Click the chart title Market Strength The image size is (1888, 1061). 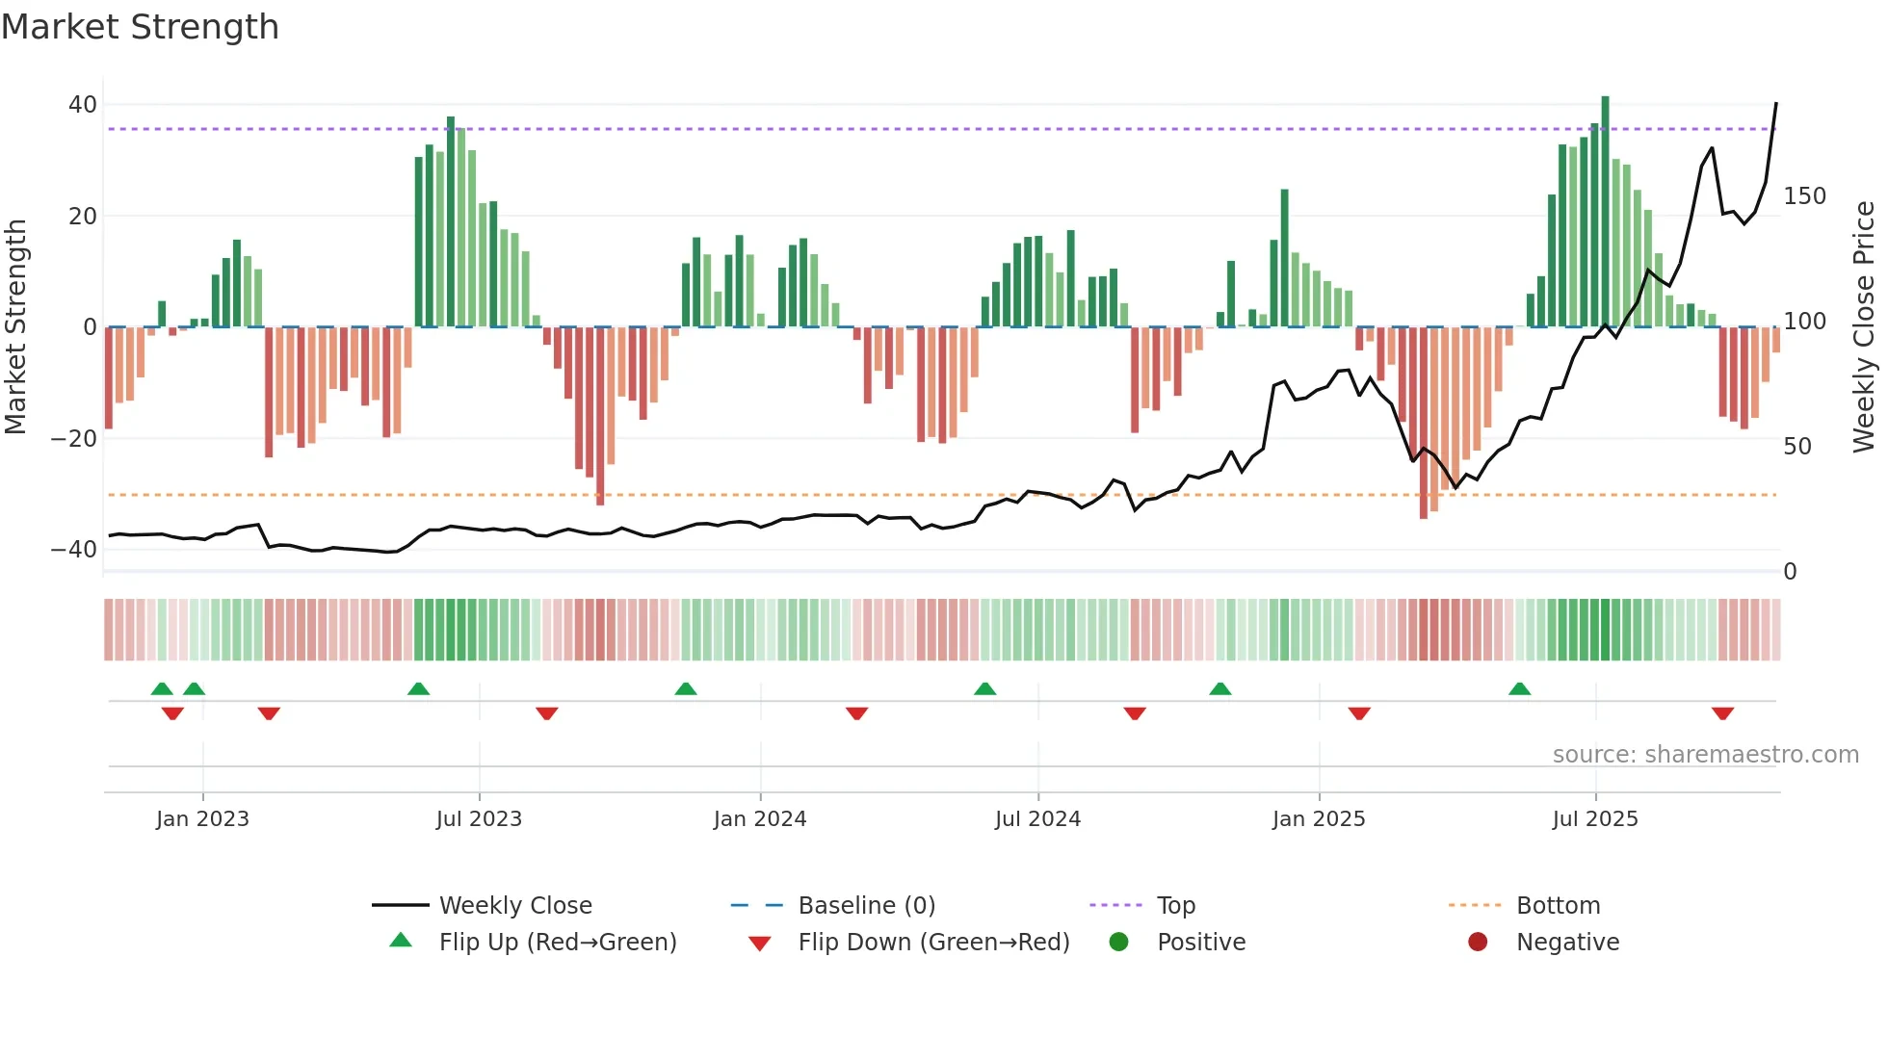[x=140, y=27]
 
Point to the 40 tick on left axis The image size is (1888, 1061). [x=83, y=104]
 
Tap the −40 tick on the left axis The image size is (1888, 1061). [x=74, y=550]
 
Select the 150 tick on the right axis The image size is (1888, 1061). [x=1804, y=196]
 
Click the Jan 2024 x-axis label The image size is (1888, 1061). [x=760, y=819]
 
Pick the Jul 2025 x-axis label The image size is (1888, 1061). [x=1595, y=819]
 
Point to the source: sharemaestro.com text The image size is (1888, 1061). [x=1705, y=755]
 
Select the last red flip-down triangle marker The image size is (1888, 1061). [x=1723, y=713]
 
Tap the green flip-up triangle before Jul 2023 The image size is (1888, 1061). [x=418, y=688]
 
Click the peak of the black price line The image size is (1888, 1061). [x=1776, y=103]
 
